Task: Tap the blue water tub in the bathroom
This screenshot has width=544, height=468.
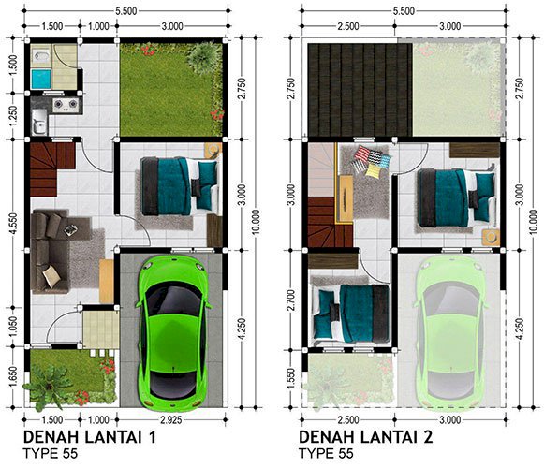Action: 41,79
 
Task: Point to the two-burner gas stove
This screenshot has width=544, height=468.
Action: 66,103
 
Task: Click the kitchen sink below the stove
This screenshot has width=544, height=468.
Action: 39,122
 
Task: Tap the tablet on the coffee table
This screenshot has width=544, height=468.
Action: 71,229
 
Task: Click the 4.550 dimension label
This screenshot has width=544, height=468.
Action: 12,223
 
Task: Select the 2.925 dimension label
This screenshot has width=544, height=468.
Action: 171,419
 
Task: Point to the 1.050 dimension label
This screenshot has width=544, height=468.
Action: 12,326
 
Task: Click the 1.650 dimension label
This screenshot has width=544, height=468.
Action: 12,378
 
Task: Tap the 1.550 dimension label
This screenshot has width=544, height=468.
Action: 291,378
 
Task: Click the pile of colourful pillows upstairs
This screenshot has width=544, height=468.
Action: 371,162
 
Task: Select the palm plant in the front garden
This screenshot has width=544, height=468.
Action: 47,386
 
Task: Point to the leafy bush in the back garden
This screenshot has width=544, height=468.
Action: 202,57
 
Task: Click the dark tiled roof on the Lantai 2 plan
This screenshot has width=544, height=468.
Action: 360,90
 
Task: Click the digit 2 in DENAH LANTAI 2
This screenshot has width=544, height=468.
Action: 428,437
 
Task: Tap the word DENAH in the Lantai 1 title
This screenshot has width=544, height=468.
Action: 51,437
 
